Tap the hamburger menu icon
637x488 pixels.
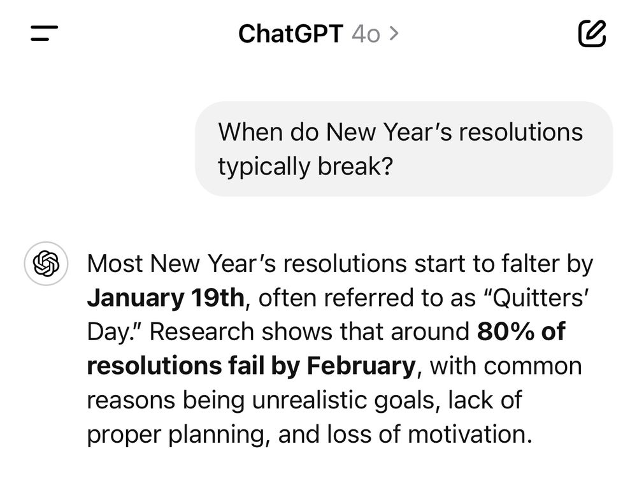coord(45,33)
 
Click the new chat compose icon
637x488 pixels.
coord(592,33)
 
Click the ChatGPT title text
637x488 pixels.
coord(291,33)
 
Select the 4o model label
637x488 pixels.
coord(366,34)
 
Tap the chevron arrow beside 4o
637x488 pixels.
coord(394,34)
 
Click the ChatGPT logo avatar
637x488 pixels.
coord(46,264)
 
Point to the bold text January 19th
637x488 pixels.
coord(166,298)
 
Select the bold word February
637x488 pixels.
coord(361,366)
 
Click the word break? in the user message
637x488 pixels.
coord(355,166)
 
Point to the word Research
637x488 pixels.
coord(202,331)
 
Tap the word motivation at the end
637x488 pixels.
coord(469,434)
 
